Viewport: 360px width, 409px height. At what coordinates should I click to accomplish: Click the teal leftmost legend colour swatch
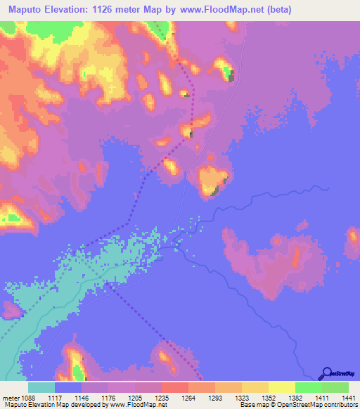coord(41,387)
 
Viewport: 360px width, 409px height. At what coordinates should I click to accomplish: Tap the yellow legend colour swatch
coord(281,387)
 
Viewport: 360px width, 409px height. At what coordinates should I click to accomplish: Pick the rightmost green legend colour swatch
coord(335,387)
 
